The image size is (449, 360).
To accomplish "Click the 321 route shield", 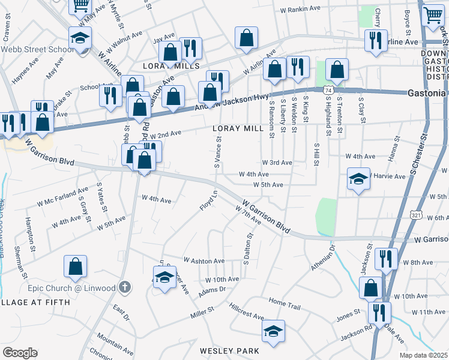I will (416, 214).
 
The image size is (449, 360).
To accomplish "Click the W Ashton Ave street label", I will (204, 261).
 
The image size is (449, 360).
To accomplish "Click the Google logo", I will (20, 353).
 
